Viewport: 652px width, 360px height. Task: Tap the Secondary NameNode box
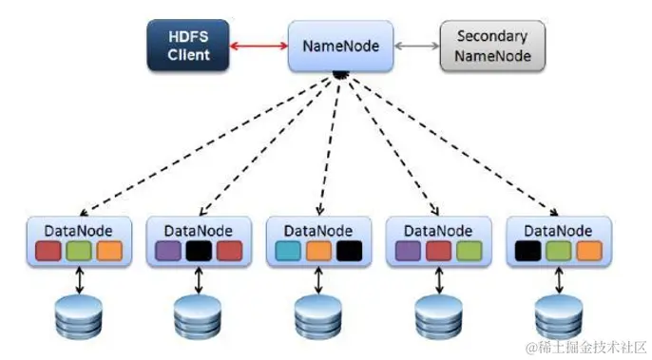pyautogui.click(x=491, y=46)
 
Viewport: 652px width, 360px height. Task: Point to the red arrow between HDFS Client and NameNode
pyautogui.click(x=259, y=45)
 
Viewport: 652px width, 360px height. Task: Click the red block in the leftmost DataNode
pyautogui.click(x=48, y=250)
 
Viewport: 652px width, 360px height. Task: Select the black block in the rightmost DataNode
pyautogui.click(x=527, y=250)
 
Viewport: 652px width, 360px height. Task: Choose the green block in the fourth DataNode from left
pyautogui.click(x=469, y=250)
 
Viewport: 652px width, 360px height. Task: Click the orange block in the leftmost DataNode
pyautogui.click(x=109, y=250)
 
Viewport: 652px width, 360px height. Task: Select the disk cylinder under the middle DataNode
pyautogui.click(x=317, y=318)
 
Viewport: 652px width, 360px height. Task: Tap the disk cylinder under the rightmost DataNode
pyautogui.click(x=557, y=318)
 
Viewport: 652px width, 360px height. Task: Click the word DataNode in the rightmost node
pyautogui.click(x=557, y=229)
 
